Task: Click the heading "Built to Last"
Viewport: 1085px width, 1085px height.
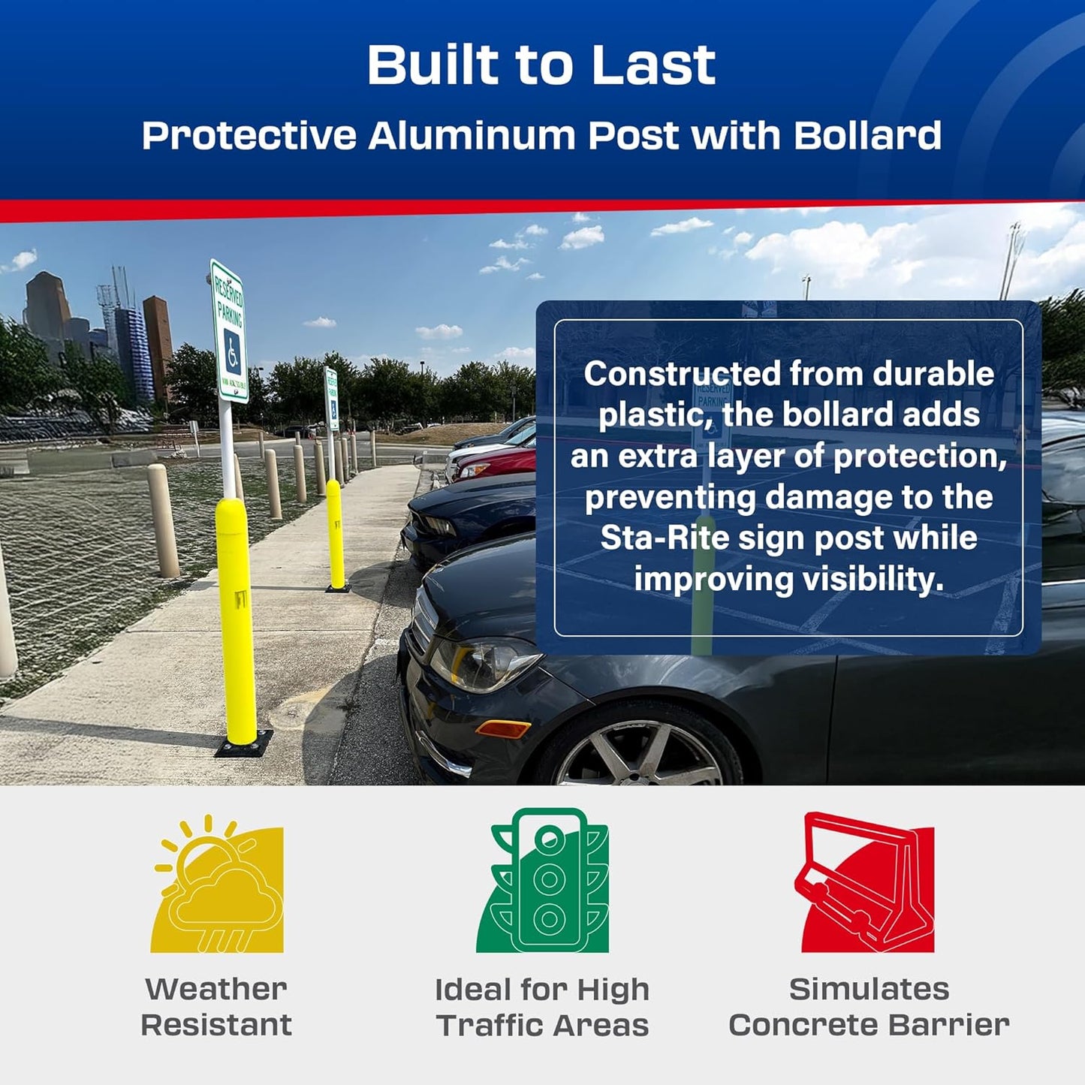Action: pos(541,65)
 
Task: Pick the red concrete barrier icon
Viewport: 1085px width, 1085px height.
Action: pos(867,882)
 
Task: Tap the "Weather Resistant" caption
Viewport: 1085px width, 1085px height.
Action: pos(216,1006)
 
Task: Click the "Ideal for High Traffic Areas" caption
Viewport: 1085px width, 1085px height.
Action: pos(542,1007)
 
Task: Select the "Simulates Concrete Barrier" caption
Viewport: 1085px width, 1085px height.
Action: pos(869,1006)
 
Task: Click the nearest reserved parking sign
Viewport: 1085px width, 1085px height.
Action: pos(229,332)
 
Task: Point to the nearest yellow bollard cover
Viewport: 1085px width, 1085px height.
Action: pos(236,616)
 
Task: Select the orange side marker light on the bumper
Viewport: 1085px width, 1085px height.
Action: pos(503,728)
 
